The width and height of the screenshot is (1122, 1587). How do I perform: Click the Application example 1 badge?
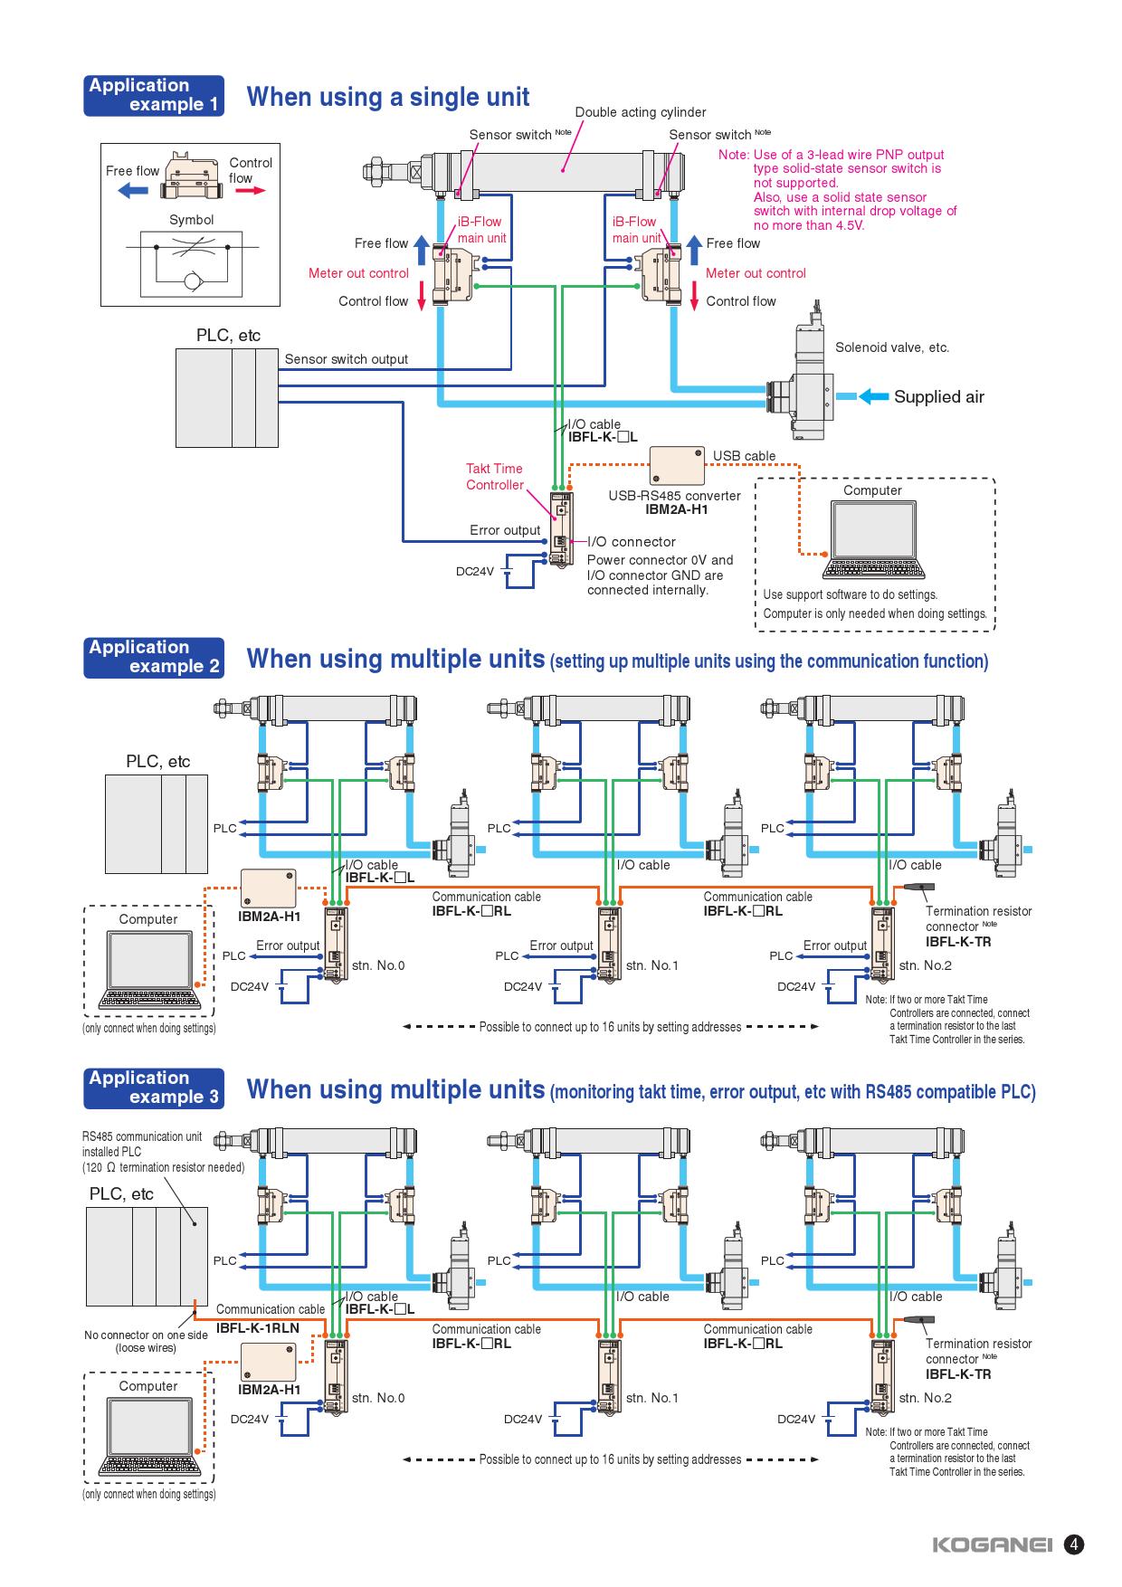(154, 96)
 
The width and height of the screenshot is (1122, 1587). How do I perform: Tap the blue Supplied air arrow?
(873, 396)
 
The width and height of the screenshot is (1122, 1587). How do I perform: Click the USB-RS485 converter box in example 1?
(677, 466)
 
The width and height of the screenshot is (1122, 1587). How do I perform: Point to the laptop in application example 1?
(872, 540)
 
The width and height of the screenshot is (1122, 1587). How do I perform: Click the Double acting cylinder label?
(641, 112)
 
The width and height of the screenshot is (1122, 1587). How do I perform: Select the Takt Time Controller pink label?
(495, 477)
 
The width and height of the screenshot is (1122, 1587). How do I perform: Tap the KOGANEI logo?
(993, 1545)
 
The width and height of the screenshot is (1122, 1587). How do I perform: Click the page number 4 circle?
(1074, 1544)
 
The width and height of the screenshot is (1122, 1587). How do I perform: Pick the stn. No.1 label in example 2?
(651, 965)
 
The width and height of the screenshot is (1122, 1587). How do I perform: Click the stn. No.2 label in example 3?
(925, 1398)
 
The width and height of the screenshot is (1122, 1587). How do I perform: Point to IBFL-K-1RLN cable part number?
(258, 1328)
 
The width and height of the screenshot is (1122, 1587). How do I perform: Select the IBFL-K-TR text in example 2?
(958, 942)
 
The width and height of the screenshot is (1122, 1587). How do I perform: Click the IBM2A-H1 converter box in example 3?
(269, 1364)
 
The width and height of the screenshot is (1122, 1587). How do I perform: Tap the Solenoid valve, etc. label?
(891, 347)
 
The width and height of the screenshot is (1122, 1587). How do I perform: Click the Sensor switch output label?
(347, 359)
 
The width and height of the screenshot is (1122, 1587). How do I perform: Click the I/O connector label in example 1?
(632, 542)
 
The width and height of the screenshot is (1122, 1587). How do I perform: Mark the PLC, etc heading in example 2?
(158, 762)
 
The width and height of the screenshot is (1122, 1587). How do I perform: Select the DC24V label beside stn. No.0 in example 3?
(250, 1419)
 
